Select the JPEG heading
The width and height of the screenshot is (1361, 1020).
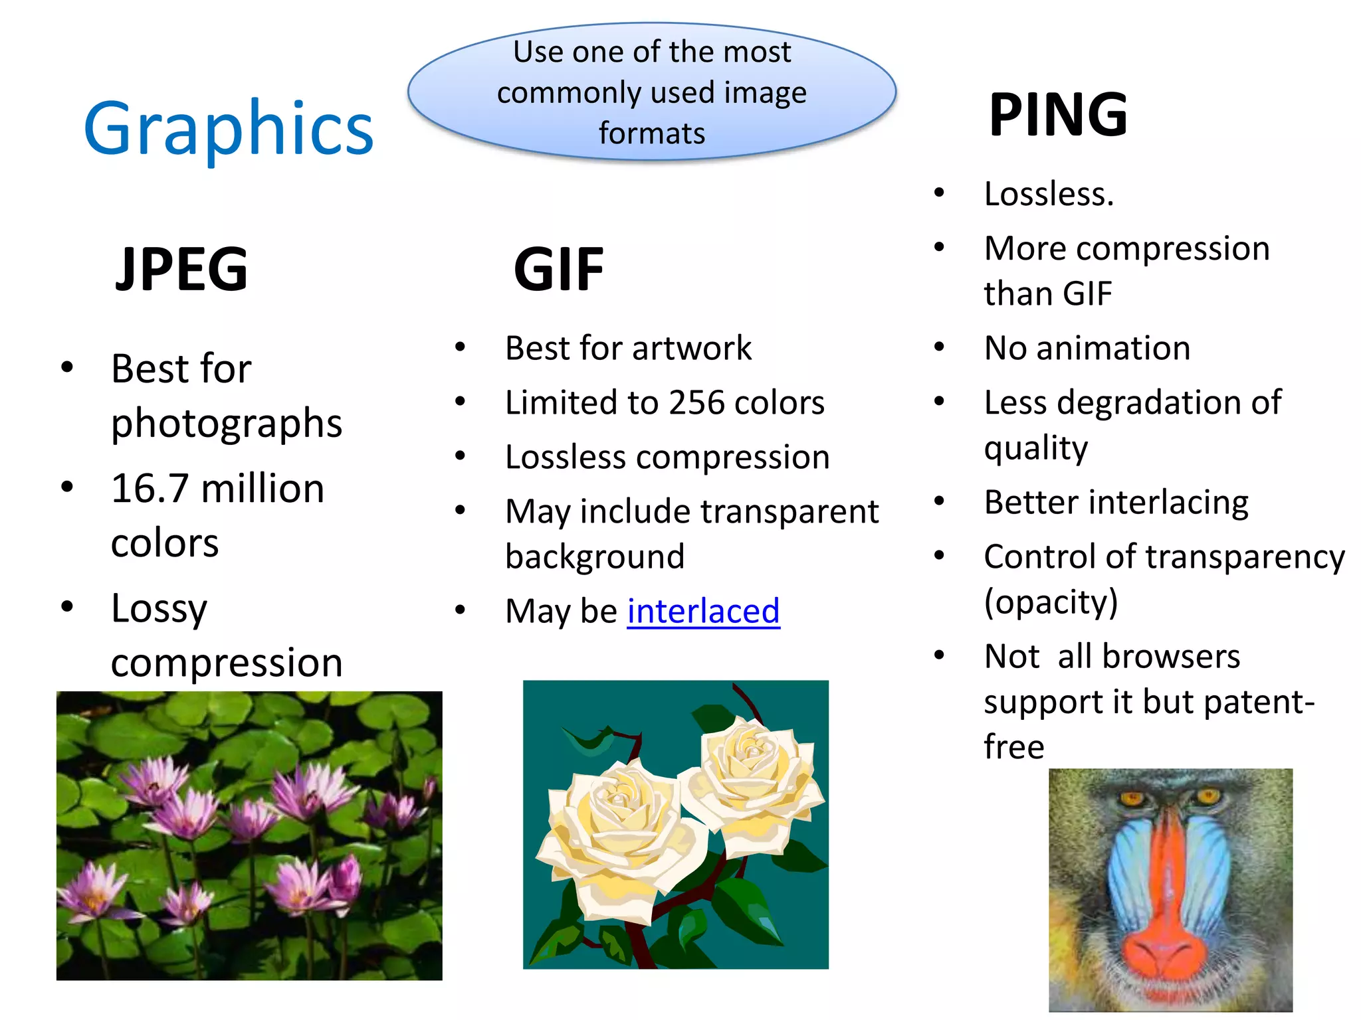click(181, 269)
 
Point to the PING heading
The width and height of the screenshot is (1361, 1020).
click(1058, 115)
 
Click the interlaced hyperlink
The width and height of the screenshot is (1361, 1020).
click(703, 611)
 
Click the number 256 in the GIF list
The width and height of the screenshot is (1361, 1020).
click(696, 402)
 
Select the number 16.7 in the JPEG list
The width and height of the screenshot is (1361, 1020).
click(150, 489)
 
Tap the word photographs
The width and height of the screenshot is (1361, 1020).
click(227, 424)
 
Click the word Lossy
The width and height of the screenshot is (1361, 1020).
click(159, 608)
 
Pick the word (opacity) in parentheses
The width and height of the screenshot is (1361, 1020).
click(1051, 602)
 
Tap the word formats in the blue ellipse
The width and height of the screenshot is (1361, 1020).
click(651, 133)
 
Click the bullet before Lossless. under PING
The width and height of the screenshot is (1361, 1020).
click(939, 193)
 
